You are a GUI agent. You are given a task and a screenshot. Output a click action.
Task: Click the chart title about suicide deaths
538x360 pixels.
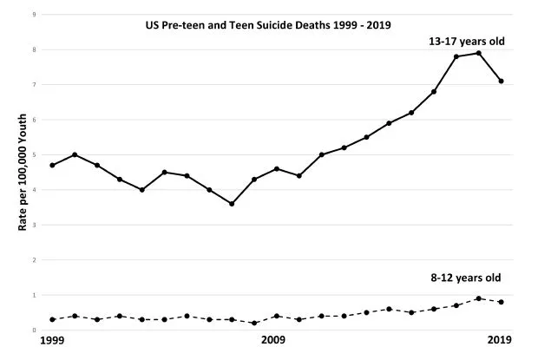268,25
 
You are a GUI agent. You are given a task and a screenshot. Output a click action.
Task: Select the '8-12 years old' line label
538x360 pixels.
472,278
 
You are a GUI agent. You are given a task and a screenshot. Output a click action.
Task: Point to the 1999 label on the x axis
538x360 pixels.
54,340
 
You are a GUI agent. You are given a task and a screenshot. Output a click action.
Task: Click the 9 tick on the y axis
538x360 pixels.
33,15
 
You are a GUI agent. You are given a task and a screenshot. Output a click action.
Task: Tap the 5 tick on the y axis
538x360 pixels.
33,155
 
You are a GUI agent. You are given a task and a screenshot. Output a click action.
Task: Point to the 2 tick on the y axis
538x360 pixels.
33,260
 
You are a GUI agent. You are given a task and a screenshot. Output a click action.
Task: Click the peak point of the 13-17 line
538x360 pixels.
479,53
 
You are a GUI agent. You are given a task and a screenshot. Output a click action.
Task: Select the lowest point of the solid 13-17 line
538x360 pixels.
232,204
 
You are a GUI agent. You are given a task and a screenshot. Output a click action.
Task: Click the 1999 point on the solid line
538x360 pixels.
54,165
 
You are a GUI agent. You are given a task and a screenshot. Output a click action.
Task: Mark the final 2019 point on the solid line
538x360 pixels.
502,82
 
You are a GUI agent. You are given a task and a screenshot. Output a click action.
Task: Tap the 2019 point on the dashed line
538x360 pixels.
502,302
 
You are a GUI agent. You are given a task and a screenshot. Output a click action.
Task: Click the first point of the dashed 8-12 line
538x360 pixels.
54,319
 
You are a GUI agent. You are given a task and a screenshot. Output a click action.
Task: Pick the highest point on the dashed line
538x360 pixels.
479,298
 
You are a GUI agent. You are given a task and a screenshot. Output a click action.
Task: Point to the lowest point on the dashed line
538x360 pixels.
254,323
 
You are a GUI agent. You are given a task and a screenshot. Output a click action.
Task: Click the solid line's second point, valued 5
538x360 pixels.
75,154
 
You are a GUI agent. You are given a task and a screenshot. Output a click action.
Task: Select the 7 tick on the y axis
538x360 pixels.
33,85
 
